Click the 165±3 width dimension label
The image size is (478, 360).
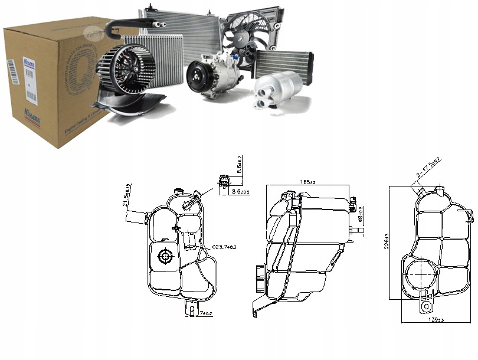coord(307,182)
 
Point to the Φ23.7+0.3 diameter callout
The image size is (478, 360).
coord(225,247)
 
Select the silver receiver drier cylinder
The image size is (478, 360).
coord(277,89)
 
